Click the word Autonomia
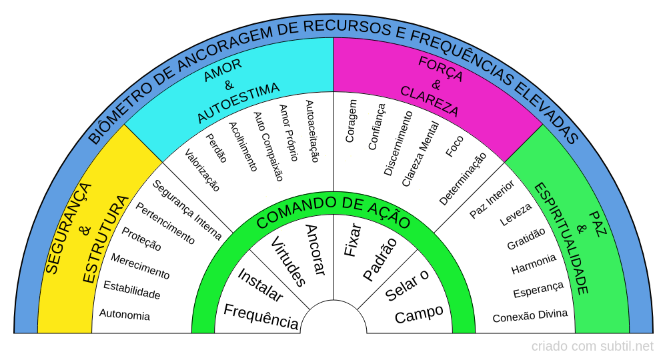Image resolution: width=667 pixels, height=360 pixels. pos(125,315)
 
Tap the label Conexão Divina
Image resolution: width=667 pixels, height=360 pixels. pos(530,316)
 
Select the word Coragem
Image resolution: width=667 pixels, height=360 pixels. pos(351,121)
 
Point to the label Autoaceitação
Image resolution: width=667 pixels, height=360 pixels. pos(312,131)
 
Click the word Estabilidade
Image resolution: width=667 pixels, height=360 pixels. pos(132,290)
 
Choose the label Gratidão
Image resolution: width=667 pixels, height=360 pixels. pos(526,239)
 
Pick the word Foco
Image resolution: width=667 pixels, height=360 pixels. pos(454,146)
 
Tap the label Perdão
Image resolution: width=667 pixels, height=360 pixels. pos(216,148)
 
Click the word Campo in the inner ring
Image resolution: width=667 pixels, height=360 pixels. pos(419,314)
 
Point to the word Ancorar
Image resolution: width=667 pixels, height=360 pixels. pos(315,250)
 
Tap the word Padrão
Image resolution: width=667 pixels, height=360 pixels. pos(380,259)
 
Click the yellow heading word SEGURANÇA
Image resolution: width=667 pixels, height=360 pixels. pos(69,228)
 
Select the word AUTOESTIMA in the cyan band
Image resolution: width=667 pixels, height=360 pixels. pos(238,103)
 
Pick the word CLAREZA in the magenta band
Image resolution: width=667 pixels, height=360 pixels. pos(430,101)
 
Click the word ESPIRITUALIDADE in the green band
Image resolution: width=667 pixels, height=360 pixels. pos(562,239)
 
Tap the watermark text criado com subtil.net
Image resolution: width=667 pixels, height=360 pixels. pos(592,347)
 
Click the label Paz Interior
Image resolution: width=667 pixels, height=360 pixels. pos(492,199)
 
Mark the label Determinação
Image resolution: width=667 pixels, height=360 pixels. pos(463,179)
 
